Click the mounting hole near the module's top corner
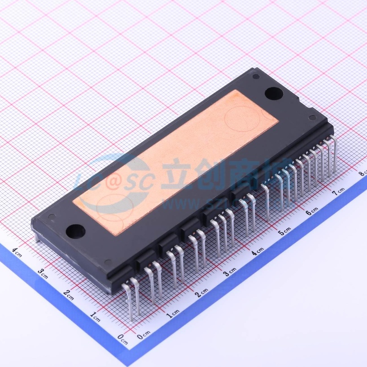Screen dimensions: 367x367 coord(274,93)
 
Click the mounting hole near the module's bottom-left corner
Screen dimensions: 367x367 coord(75,231)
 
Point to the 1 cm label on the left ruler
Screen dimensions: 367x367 coord(95,317)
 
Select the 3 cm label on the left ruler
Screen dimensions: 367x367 coord(43,273)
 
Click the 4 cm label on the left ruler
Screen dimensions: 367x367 coord(17,252)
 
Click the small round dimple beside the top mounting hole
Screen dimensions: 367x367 coord(256,76)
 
